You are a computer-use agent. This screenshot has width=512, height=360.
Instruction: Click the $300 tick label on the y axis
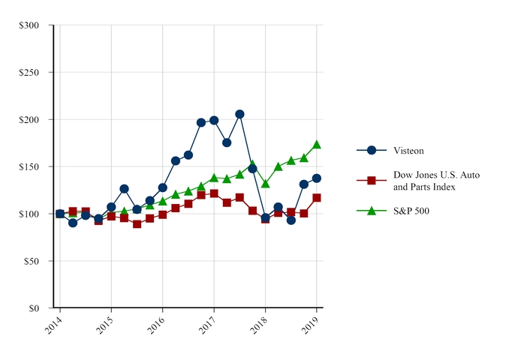pos(32,25)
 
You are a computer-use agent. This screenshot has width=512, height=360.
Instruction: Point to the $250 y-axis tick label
pos(32,73)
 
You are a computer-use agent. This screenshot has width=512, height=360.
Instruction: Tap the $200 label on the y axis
pos(32,120)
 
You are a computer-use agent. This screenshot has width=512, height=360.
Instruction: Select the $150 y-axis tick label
pos(32,166)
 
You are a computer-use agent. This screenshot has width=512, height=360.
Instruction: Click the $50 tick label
pos(35,261)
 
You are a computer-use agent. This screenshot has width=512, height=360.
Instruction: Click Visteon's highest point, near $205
pos(239,114)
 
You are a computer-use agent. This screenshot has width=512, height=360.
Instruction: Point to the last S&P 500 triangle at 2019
pos(317,144)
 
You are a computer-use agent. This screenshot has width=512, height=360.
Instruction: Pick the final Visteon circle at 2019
pos(317,178)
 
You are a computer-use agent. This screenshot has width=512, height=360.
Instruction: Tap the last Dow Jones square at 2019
pos(317,198)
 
